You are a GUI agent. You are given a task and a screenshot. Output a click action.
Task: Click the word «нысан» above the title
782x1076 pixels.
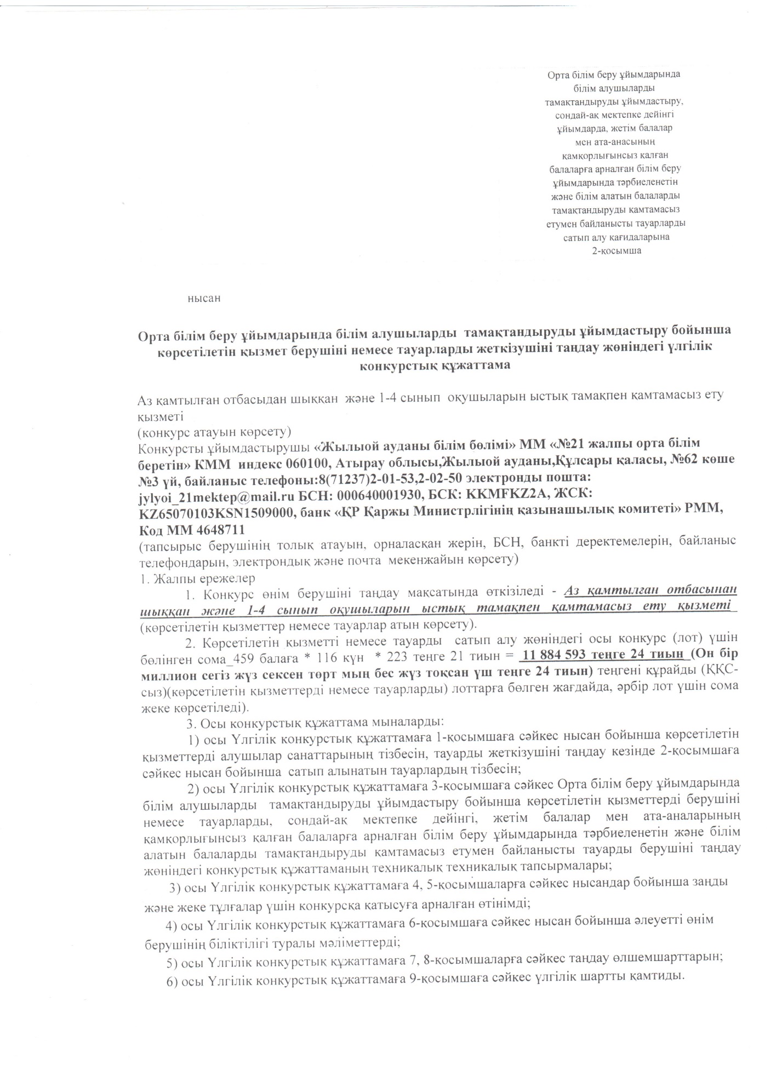[204, 299]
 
